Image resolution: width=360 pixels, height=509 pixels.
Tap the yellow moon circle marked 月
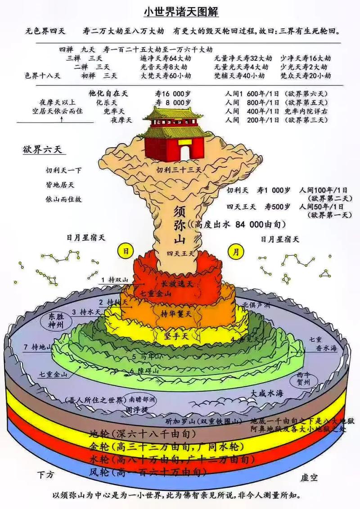[x=234, y=251]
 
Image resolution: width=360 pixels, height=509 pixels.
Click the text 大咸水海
[x=267, y=393]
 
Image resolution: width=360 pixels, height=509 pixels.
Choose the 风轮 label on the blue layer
[x=100, y=472]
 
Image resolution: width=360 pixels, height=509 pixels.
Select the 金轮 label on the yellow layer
[x=99, y=446]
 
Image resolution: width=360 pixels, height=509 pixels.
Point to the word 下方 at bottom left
[x=48, y=475]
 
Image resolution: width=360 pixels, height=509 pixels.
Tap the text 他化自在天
[x=108, y=94]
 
